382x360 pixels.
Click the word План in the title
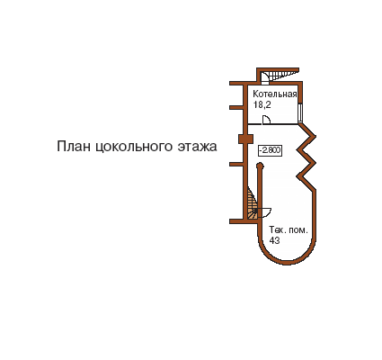74,147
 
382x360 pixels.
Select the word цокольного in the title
134,148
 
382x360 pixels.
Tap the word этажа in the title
197,148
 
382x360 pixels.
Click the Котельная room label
275,94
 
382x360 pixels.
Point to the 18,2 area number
262,104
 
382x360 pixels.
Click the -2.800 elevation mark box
270,150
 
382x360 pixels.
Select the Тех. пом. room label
289,230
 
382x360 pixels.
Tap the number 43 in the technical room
274,240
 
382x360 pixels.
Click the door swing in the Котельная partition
266,120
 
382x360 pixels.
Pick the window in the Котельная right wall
299,112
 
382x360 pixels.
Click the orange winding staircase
253,203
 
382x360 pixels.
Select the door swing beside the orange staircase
264,212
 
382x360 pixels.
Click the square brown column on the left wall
245,139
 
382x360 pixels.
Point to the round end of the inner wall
260,166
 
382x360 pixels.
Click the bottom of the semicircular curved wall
287,263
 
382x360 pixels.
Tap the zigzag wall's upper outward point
315,136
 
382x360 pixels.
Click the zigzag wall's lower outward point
315,163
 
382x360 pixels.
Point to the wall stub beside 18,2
236,107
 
